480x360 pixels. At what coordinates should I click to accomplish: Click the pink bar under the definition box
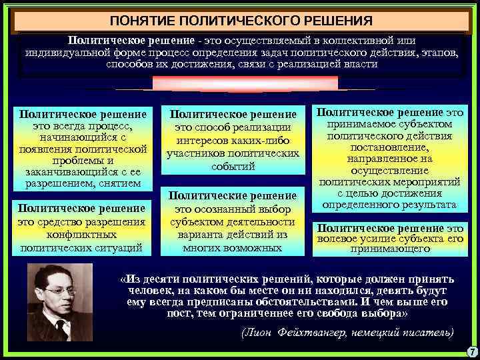[245, 83]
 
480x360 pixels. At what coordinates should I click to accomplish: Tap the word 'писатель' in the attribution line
[424, 331]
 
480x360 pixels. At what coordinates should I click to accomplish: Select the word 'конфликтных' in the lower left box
[83, 235]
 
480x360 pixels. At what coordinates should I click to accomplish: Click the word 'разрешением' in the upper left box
[58, 183]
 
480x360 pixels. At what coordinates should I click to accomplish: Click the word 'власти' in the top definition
[362, 65]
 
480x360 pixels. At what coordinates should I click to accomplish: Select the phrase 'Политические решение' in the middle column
[233, 195]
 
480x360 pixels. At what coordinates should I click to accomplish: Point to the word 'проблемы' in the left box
[83, 160]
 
